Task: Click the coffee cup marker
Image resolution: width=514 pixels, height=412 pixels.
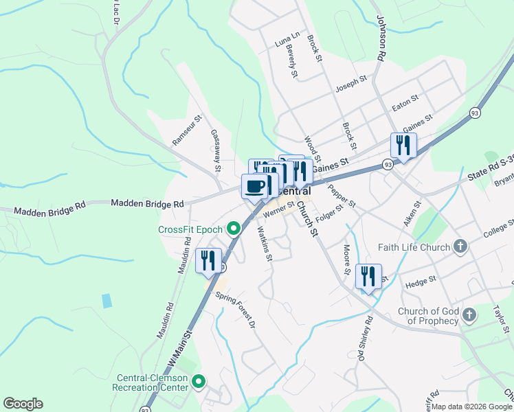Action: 255,186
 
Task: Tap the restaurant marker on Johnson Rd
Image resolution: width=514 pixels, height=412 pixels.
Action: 403,145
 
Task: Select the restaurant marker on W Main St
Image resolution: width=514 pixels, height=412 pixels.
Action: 208,261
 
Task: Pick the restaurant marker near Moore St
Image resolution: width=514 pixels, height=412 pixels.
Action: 368,277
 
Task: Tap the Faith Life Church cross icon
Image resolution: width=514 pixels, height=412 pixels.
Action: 460,247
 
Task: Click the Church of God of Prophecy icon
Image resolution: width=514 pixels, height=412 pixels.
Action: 469,315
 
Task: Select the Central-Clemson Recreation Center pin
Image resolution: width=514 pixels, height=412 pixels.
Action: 199,380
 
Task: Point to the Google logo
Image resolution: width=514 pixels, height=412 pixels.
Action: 23,404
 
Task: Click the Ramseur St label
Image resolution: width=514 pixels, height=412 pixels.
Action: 187,129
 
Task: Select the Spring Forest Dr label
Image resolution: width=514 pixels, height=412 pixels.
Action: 236,310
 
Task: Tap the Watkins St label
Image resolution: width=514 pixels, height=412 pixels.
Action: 265,243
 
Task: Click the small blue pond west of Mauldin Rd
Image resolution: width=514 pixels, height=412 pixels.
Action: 106,300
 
